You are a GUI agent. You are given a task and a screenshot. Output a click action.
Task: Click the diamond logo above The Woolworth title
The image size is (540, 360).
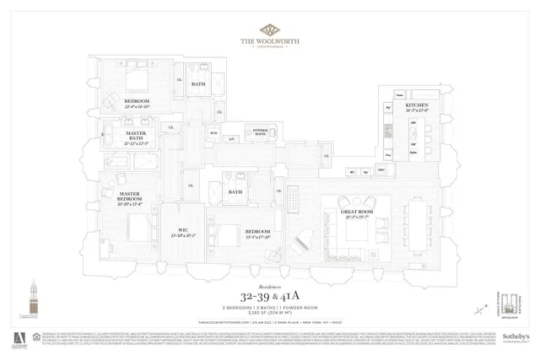[270, 30]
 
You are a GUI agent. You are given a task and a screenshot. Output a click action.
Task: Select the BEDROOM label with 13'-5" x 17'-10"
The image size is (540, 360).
[256, 234]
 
